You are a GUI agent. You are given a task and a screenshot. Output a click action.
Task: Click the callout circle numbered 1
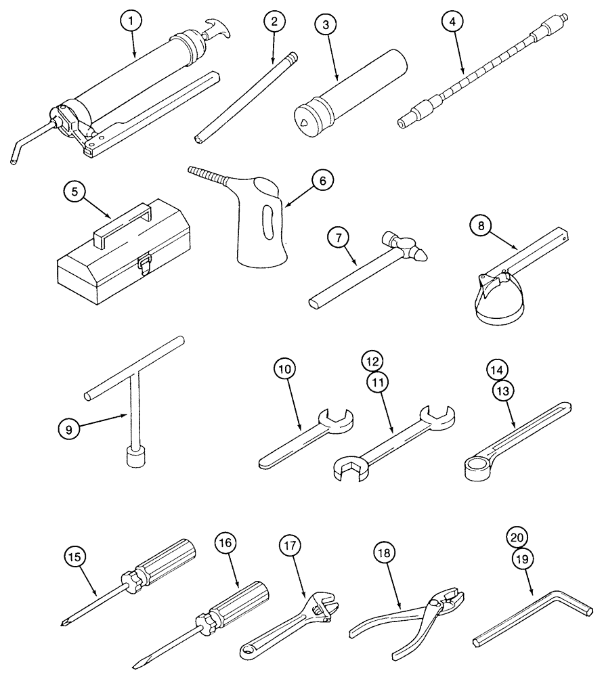pyautogui.click(x=132, y=21)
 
